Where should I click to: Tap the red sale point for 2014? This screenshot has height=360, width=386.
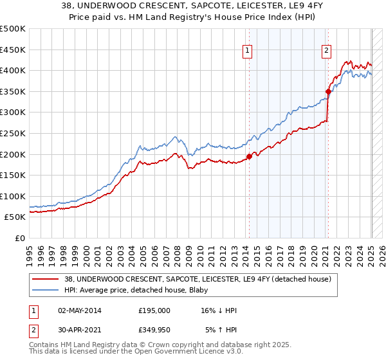pyautogui.click(x=249, y=156)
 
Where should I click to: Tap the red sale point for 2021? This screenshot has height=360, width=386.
pyautogui.click(x=328, y=91)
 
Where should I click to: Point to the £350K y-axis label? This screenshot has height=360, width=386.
pyautogui.click(x=13, y=92)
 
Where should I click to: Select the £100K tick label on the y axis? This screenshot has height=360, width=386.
pyautogui.click(x=13, y=197)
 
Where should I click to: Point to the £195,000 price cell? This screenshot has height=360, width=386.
pyautogui.click(x=154, y=310)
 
